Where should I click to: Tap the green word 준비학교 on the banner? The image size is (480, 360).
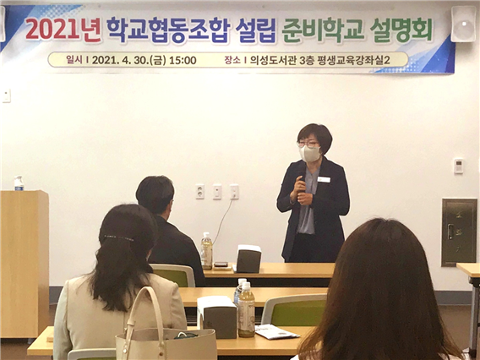[x=323, y=30]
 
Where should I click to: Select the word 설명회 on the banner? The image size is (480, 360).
[x=401, y=30]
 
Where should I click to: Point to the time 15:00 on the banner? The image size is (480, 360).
[x=183, y=60]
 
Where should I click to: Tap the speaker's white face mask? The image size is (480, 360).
[x=310, y=154]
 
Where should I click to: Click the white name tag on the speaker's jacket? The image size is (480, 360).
[x=324, y=180]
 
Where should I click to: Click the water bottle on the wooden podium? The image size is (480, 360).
[x=19, y=183]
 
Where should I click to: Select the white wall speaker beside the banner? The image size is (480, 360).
[x=463, y=24]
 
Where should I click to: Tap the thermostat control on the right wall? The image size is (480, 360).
[x=458, y=166]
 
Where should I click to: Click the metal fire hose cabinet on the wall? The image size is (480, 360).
[x=459, y=232]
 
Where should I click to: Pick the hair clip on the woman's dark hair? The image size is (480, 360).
[x=119, y=237]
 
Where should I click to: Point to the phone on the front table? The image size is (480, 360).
[x=221, y=265]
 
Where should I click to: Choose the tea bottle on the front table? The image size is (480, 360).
[x=207, y=251]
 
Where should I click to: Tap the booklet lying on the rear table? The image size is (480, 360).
[x=276, y=332]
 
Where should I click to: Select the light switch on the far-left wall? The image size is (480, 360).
[x=7, y=95]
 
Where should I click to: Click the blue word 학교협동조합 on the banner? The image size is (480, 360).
[x=168, y=30]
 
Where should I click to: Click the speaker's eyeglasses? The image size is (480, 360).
[x=308, y=144]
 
